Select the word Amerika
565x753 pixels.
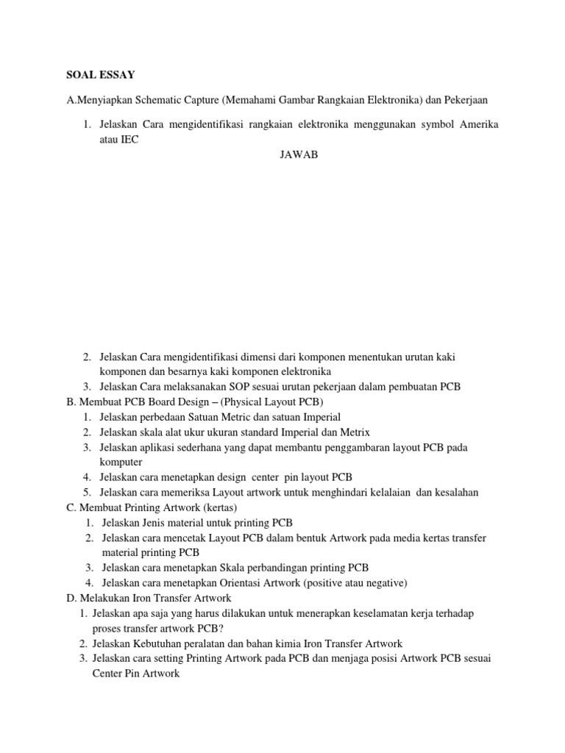(479, 124)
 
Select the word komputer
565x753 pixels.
(122, 463)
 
